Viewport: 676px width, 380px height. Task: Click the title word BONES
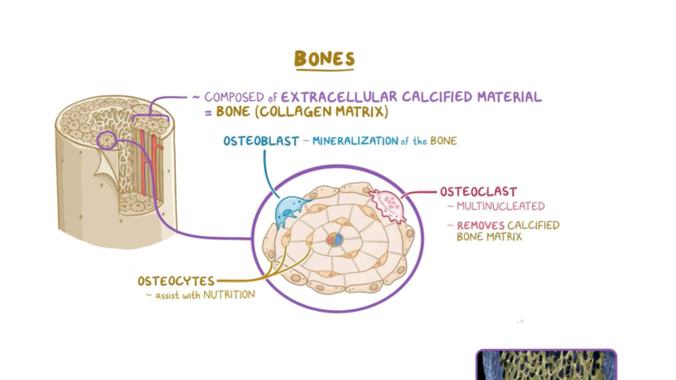point(324,59)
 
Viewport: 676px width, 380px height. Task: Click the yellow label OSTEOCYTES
point(176,281)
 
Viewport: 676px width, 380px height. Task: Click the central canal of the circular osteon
point(338,238)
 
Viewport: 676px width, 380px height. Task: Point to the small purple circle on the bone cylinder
point(108,140)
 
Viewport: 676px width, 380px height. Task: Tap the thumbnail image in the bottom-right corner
point(546,364)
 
